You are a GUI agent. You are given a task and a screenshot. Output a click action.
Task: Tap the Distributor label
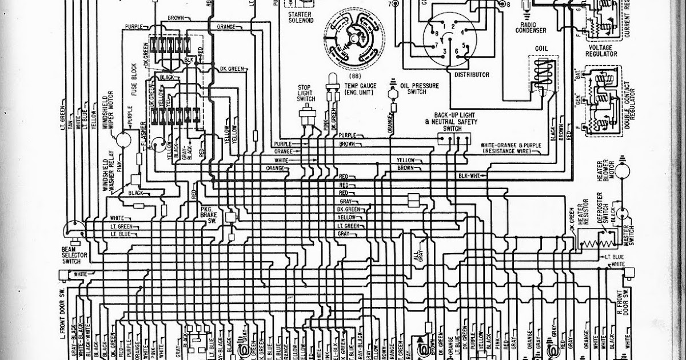pos(472,74)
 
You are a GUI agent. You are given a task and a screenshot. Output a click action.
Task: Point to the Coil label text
pos(542,49)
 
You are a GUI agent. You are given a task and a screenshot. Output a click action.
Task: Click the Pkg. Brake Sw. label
pos(206,216)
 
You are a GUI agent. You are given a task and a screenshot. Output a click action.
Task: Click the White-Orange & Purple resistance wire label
pos(511,149)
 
